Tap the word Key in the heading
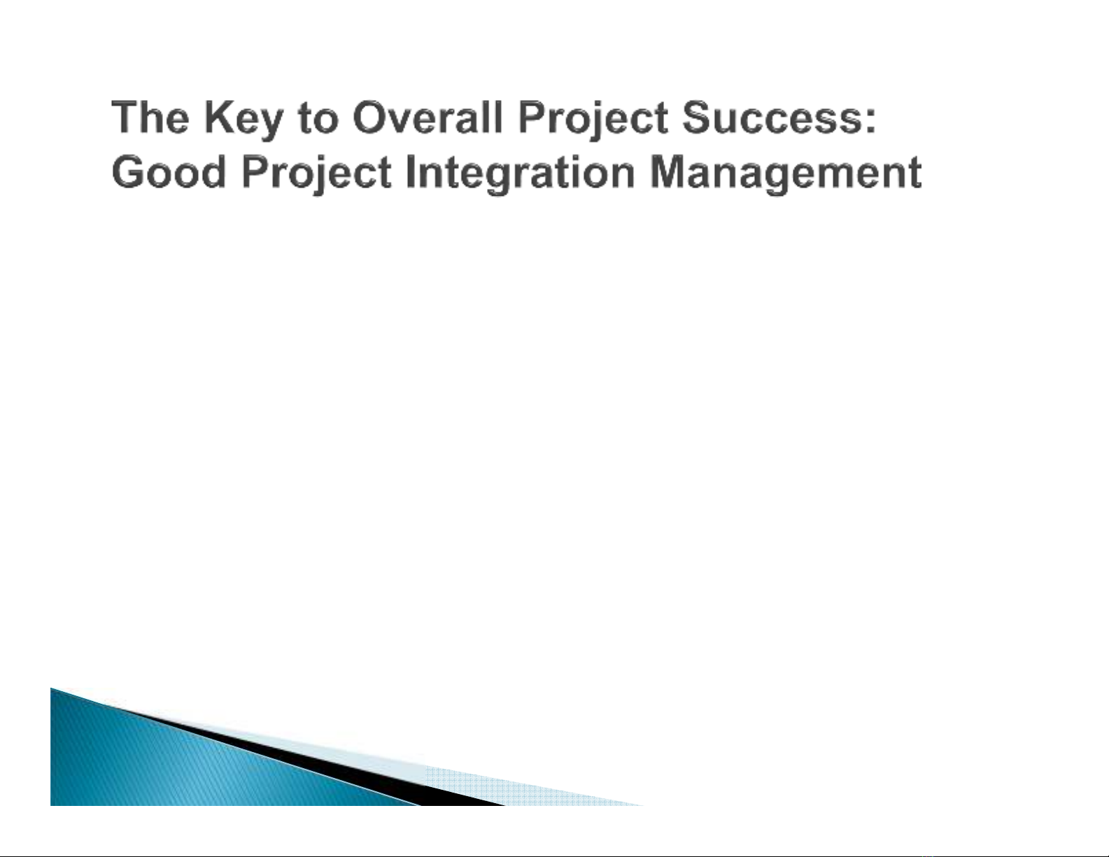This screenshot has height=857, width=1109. (243, 121)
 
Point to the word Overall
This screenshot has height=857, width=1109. (428, 117)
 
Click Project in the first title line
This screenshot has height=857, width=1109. (593, 121)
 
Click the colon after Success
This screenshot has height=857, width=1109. (870, 121)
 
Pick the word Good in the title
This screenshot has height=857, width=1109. (169, 171)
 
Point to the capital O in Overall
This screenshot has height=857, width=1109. (369, 117)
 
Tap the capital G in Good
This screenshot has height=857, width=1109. (128, 171)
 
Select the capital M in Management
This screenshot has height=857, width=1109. (668, 171)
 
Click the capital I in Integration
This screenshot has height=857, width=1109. (410, 171)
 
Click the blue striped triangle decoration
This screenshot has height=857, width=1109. (169, 759)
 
